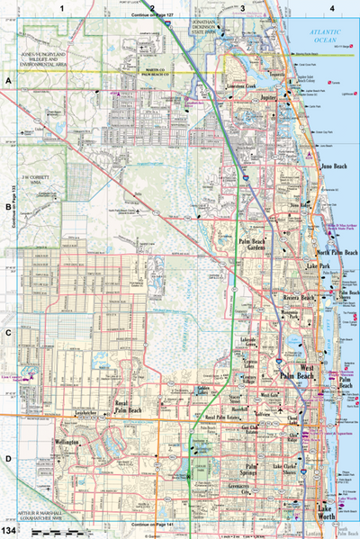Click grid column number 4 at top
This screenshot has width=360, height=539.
click(x=332, y=7)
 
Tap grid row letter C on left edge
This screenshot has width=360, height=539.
click(x=7, y=331)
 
